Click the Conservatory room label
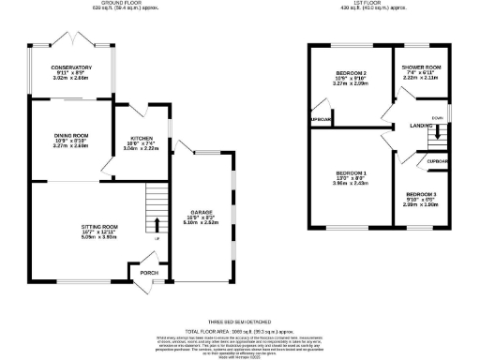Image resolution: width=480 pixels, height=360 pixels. [72, 67]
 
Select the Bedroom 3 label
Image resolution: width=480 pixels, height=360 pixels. [421, 192]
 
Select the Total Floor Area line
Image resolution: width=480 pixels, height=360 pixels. [240, 331]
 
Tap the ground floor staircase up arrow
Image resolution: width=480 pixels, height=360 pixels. [156, 222]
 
